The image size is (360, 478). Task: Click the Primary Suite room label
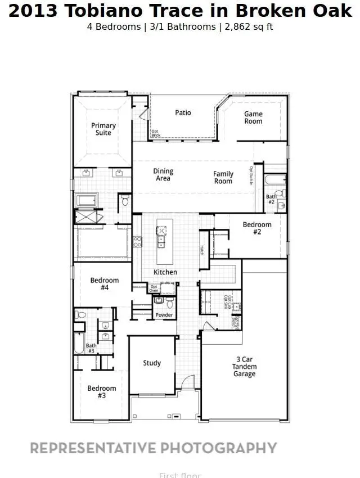103,129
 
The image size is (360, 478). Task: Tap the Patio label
183,112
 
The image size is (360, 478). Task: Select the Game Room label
253,118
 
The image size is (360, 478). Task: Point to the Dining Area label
163,175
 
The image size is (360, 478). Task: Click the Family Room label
223,178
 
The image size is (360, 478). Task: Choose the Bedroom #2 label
257,228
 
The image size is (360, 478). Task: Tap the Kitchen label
165,272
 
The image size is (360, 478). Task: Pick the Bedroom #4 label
105,284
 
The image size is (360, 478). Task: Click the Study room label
152,363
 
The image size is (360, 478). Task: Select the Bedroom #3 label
102,392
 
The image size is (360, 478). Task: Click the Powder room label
164,315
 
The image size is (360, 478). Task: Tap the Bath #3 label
91,349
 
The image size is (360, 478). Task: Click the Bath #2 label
271,199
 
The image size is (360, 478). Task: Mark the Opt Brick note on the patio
155,133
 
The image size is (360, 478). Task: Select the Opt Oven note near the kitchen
154,288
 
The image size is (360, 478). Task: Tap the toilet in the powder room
169,303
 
